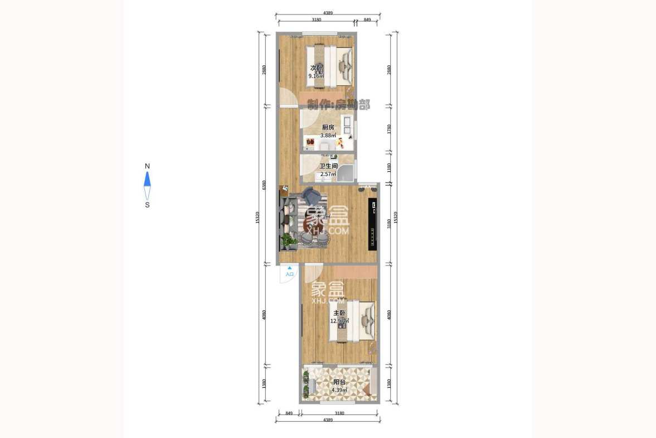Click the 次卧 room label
(x=317, y=68)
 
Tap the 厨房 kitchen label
(x=328, y=127)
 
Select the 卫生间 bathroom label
(x=328, y=166)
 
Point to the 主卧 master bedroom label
(x=339, y=313)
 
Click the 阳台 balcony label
(x=339, y=382)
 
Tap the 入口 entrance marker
(x=289, y=274)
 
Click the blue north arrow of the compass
(x=147, y=179)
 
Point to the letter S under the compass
(x=147, y=205)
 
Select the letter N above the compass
(x=147, y=166)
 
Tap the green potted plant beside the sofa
(x=288, y=240)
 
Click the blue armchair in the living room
(x=311, y=196)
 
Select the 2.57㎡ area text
(x=328, y=174)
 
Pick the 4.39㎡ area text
(x=339, y=390)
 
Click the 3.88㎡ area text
(x=328, y=135)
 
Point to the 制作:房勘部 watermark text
(x=339, y=104)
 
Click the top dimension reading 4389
(x=328, y=13)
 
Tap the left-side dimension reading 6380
(x=264, y=185)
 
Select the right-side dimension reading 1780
(x=390, y=129)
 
